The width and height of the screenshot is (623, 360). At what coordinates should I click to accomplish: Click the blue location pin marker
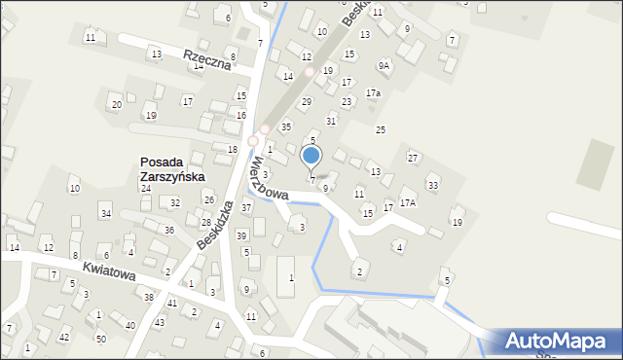(x=311, y=156)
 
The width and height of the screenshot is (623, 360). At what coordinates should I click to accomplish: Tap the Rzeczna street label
(x=206, y=60)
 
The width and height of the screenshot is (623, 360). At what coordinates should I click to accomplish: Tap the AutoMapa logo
(x=558, y=341)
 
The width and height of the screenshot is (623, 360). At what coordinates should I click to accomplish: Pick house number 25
(x=381, y=129)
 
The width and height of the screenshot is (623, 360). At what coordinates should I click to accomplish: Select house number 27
(x=413, y=158)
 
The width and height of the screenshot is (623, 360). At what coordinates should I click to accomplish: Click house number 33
(x=433, y=185)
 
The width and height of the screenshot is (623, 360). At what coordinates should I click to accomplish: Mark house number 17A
(x=408, y=202)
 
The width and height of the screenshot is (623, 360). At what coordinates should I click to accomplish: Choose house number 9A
(x=385, y=65)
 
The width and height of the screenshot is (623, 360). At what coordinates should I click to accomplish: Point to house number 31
(x=331, y=121)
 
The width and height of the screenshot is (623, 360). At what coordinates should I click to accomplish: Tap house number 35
(x=286, y=126)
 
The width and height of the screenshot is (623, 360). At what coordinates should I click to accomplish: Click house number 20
(x=117, y=104)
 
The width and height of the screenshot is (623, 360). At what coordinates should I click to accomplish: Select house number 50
(x=100, y=338)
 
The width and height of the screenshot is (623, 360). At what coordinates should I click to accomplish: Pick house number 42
(x=64, y=337)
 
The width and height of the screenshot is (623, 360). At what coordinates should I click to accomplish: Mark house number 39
(x=241, y=235)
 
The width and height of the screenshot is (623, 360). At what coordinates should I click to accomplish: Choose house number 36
(x=168, y=230)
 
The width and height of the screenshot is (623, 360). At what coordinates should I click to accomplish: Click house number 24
(x=146, y=188)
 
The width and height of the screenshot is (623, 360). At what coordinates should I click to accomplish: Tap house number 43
(x=160, y=322)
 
